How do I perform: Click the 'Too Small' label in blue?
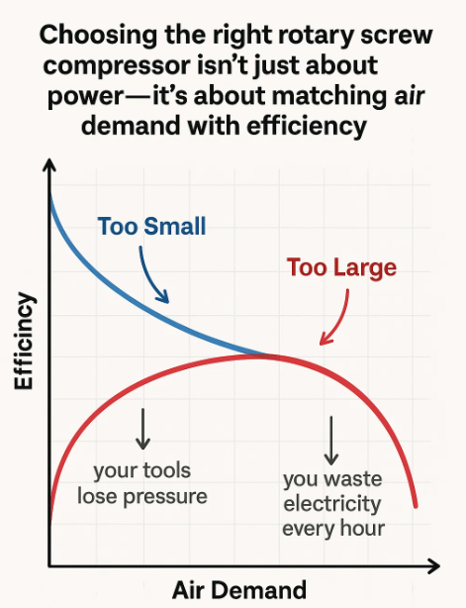pyautogui.click(x=151, y=226)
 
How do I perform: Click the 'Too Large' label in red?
pyautogui.click(x=341, y=267)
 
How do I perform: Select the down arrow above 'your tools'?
pyautogui.click(x=143, y=428)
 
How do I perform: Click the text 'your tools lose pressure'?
pyautogui.click(x=142, y=482)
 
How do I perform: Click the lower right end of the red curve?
pyautogui.click(x=416, y=506)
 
